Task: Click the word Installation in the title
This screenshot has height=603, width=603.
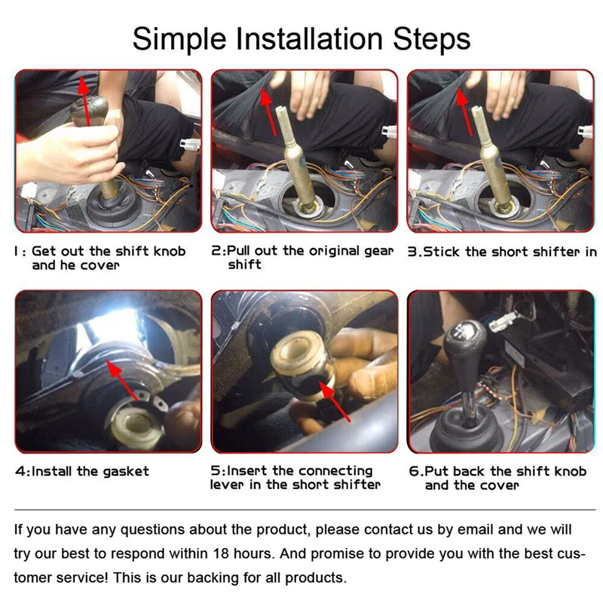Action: point(309,39)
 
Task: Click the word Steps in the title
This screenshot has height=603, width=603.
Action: point(431,40)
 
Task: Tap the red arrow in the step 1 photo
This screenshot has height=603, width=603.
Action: point(85,100)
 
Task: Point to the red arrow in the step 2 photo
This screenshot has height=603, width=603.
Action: point(268,112)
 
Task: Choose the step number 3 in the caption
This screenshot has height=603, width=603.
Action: point(412,252)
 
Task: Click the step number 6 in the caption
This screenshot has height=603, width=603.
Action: point(414,472)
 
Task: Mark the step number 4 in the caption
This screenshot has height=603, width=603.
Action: point(20,472)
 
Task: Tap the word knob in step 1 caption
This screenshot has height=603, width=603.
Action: point(170,251)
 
